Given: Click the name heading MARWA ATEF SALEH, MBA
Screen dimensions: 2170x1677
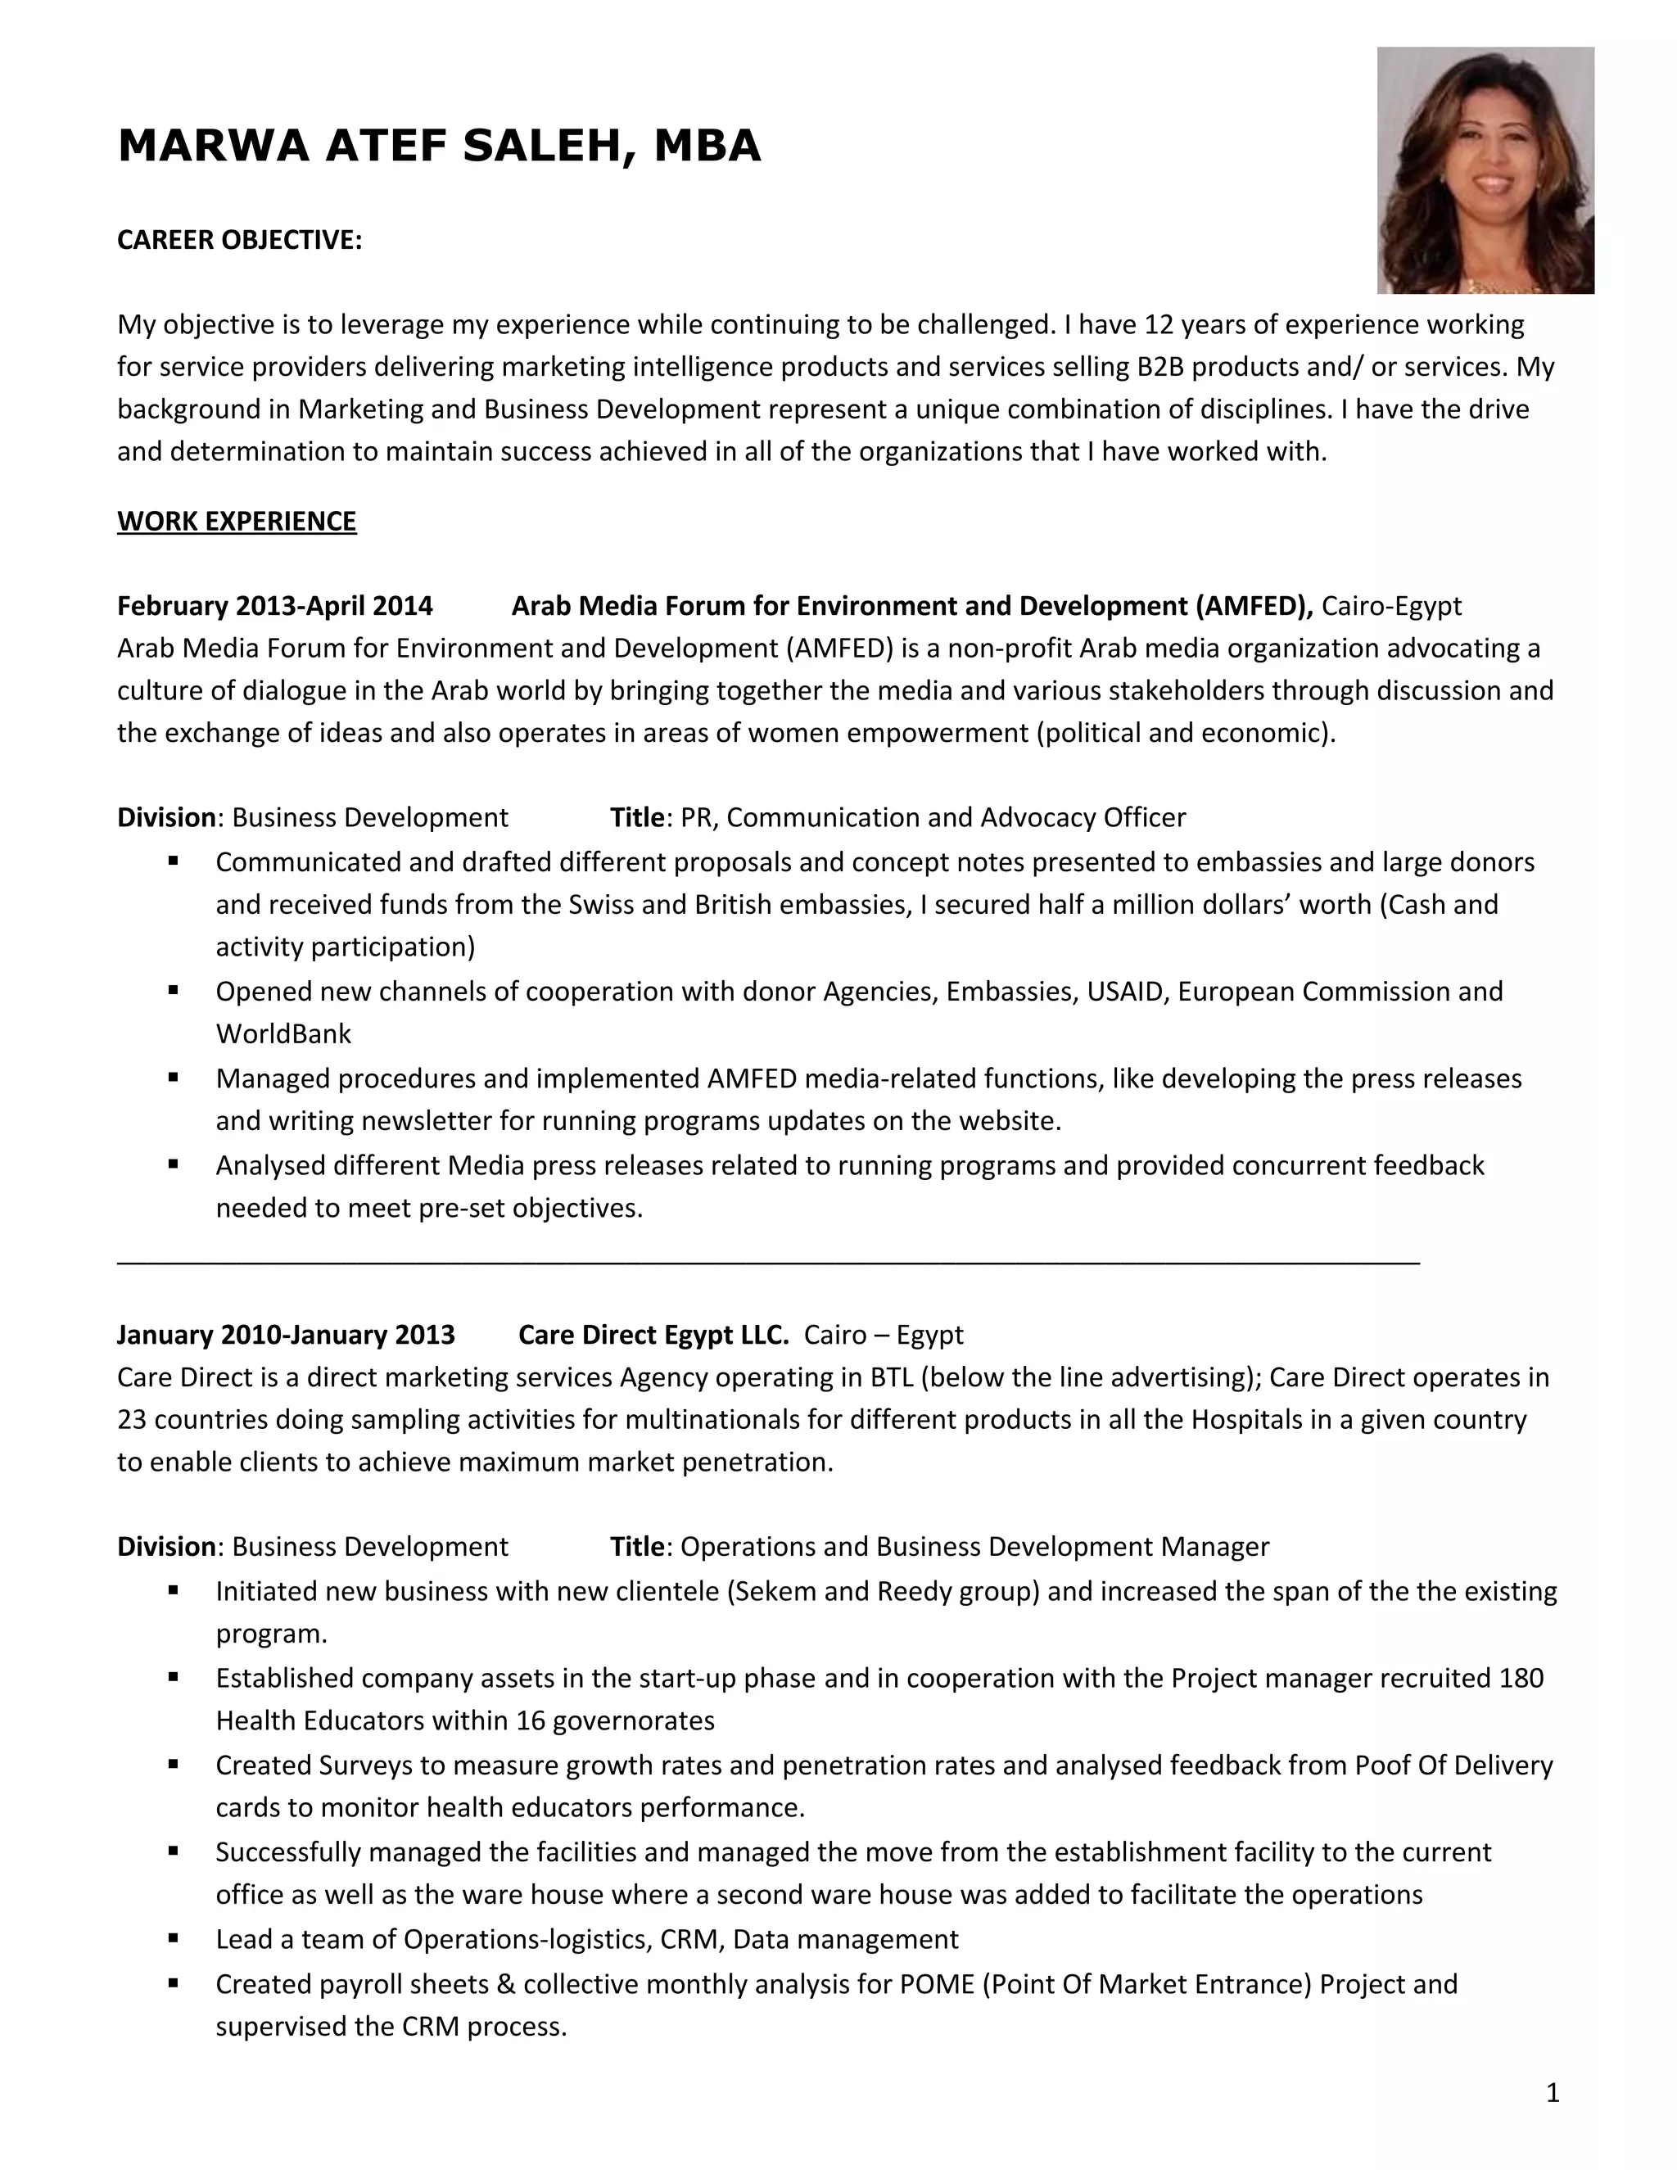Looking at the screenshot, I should [x=438, y=146].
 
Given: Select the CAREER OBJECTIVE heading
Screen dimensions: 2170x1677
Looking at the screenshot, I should [x=239, y=241].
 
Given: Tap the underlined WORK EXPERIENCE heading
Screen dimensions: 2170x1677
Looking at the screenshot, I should [x=237, y=522].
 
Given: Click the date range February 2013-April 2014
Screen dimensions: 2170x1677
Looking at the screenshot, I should [x=275, y=606].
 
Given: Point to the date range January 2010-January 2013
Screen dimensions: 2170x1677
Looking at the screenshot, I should [x=286, y=1335].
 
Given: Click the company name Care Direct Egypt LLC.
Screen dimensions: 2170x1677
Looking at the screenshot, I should [x=653, y=1335].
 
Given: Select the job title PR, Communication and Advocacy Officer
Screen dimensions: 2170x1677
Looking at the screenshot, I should [x=933, y=818].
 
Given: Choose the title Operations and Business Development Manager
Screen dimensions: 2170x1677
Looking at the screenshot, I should [x=974, y=1547].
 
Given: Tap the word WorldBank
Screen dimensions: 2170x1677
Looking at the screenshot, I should [x=283, y=1034].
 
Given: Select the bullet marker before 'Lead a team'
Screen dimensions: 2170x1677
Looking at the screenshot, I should [x=174, y=1938].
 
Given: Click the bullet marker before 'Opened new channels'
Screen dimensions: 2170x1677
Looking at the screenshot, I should [x=174, y=991].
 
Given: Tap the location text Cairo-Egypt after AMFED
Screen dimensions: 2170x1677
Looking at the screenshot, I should [x=1391, y=606].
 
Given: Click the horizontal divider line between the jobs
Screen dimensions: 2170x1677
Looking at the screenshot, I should [x=767, y=1263].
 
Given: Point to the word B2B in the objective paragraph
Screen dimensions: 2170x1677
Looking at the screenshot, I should [x=1159, y=368].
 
